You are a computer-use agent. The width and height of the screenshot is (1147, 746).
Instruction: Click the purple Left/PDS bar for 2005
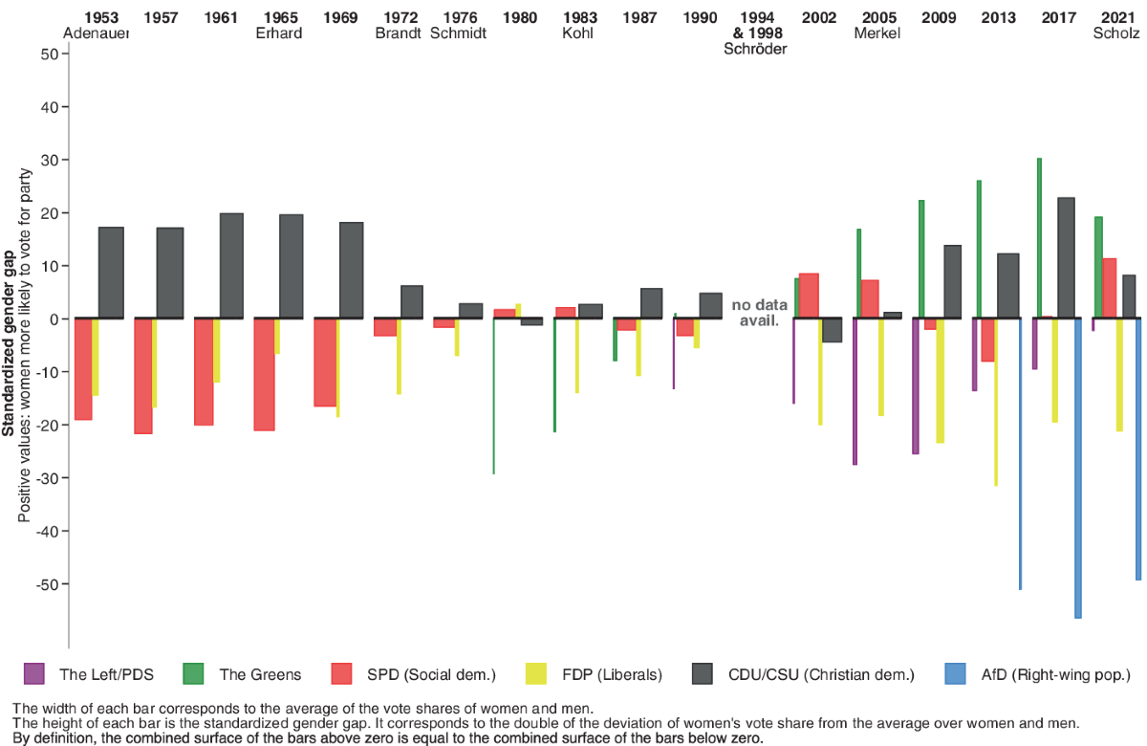click(x=855, y=391)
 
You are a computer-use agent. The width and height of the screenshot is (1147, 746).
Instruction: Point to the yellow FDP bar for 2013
click(x=996, y=402)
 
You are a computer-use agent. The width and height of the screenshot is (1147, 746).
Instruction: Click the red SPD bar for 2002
click(x=809, y=296)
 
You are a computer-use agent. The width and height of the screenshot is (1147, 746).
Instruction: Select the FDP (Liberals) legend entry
click(x=615, y=674)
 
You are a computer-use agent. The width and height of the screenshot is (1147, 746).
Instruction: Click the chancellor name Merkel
click(x=877, y=33)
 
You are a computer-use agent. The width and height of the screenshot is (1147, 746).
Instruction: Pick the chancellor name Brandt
click(x=400, y=33)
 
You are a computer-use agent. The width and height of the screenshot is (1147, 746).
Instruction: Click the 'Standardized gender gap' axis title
click(x=9, y=343)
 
